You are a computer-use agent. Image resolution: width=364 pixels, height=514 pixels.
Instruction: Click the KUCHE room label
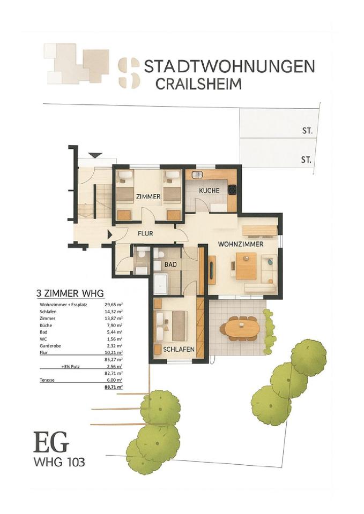coord(209,191)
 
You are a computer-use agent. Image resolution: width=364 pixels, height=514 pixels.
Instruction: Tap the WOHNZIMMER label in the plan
coord(241,244)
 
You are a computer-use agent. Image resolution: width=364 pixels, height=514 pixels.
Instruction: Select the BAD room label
coord(170,264)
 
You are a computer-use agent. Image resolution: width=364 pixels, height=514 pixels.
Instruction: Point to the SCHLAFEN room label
coord(179,350)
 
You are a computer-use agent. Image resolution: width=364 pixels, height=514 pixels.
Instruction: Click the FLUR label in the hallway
coord(145,234)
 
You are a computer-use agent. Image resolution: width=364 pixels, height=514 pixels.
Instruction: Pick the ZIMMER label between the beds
coord(148,196)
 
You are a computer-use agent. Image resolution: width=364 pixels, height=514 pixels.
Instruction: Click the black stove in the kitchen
coord(232,190)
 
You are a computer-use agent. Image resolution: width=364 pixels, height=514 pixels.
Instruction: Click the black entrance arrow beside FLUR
coord(110,235)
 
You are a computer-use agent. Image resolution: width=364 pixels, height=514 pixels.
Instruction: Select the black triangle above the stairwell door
coord(95,155)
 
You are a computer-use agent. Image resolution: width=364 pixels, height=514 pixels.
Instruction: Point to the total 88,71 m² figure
coord(114,387)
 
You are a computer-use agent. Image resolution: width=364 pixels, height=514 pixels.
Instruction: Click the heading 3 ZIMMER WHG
coord(70,293)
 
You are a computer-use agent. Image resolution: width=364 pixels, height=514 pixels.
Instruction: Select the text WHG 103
coord(60,463)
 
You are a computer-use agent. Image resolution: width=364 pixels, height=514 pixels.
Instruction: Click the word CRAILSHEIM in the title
coord(198,84)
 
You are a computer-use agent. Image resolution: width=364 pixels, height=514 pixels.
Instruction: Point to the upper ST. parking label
coord(308,131)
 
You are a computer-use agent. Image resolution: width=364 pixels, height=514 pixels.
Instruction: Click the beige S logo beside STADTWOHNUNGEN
coord(129,73)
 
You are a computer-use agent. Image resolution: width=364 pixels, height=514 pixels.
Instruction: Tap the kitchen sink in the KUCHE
coord(197,175)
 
